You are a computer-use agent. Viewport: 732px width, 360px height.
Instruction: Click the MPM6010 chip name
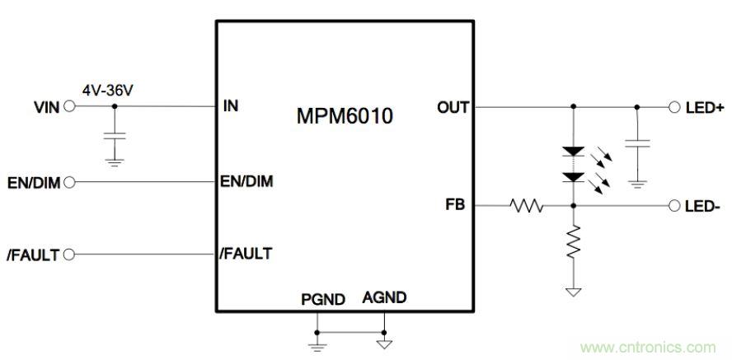pos(344,116)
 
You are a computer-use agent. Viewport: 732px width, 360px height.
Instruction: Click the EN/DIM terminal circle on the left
pos(68,182)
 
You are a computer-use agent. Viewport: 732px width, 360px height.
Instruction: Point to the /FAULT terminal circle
pos(68,255)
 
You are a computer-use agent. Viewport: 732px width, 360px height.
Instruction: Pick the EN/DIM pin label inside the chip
pos(246,181)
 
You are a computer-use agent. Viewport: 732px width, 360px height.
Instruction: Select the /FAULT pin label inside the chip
pos(246,255)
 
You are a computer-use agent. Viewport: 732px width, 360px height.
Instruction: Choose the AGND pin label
pos(384,297)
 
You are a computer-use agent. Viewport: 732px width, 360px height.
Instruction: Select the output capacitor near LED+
pos(637,143)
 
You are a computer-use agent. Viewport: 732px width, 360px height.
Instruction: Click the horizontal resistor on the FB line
pos(526,206)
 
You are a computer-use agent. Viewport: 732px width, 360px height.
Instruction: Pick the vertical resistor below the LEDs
pos(572,245)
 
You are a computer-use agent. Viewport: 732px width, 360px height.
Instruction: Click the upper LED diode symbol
pos(572,152)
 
